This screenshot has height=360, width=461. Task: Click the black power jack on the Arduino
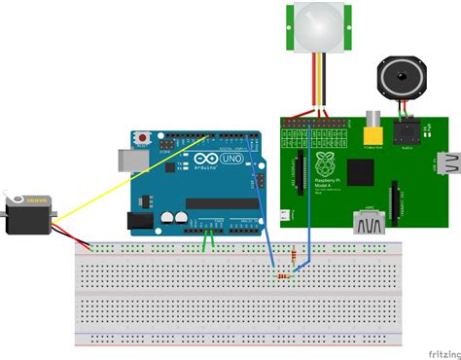[x=143, y=220]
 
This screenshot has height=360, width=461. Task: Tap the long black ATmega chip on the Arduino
[x=222, y=203]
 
